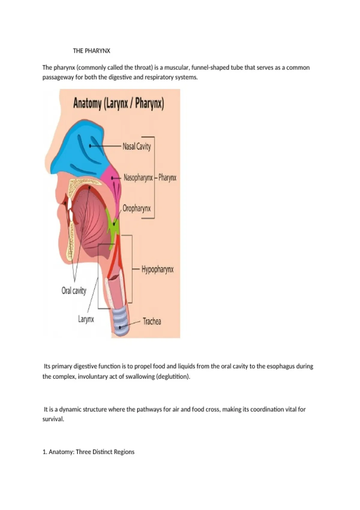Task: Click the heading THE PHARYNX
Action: pos(91,51)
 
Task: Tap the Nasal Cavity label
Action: pos(136,146)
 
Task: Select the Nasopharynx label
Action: pos(138,178)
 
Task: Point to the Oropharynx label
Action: pos(136,208)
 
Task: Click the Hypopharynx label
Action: pos(157,270)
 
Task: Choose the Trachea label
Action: pos(152,322)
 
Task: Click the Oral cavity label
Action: pos(74,291)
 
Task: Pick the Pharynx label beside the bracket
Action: pos(167,178)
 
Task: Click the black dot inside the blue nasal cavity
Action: pos(90,146)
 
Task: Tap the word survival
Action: pos(53,419)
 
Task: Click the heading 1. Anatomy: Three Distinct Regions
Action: pos(88,452)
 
